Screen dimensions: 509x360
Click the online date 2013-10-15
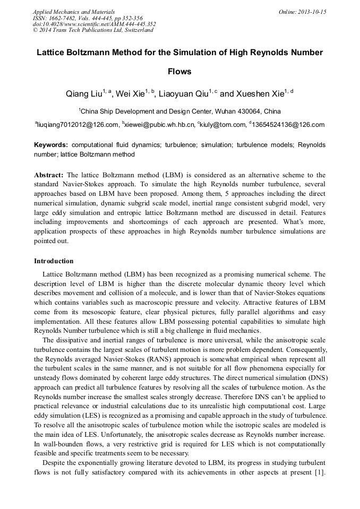tap(313, 12)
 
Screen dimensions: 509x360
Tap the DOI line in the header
tap(94, 24)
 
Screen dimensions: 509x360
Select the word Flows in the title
tap(179, 71)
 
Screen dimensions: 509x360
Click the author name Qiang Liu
tap(83, 94)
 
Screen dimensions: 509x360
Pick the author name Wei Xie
tap(132, 94)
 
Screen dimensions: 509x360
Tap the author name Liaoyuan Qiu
tap(184, 94)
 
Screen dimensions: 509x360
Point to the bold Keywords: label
tap(51, 145)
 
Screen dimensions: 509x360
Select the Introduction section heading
tap(54, 261)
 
